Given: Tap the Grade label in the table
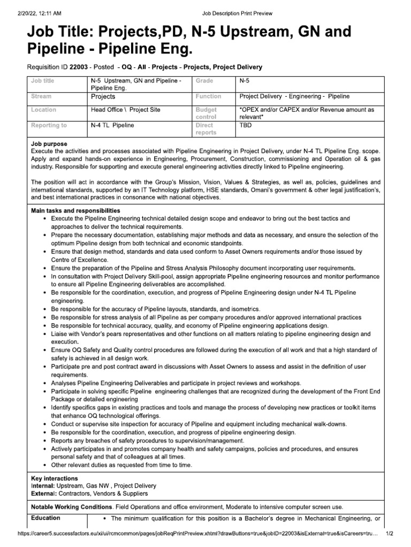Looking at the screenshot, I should tap(205, 81).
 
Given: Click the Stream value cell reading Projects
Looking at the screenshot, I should tap(103, 97).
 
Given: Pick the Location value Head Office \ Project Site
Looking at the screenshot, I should tap(126, 110).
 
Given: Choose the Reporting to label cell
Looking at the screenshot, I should tap(49, 126).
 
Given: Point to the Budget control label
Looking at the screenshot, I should tap(206, 113).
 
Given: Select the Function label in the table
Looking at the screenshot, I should tap(208, 97).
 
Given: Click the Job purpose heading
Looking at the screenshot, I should tap(49, 144).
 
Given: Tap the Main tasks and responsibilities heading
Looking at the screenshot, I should tap(75, 211).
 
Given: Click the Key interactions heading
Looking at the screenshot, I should tap(55, 479).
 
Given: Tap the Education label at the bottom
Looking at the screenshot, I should tap(45, 518).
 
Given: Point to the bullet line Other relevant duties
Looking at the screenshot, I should tap(121, 465).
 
